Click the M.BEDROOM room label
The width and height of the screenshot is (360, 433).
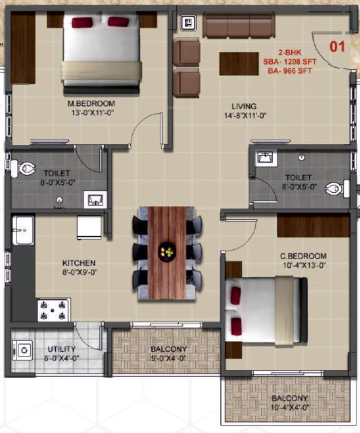tap(91, 104)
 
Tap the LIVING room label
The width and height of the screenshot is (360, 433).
tap(244, 106)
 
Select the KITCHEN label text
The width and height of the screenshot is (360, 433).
tap(78, 263)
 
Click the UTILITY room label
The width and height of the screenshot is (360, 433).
tap(61, 349)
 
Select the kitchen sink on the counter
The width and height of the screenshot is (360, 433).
tap(23, 230)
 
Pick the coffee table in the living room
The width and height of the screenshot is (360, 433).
tap(239, 63)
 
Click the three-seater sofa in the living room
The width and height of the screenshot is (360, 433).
tap(238, 26)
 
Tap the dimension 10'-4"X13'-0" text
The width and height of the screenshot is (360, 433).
tap(304, 264)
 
